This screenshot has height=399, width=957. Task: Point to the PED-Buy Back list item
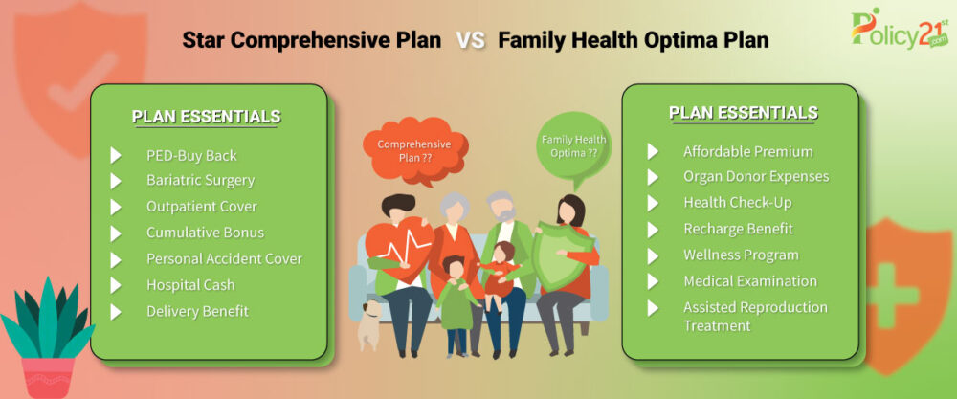[191, 156]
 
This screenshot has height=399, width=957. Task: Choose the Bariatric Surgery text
[200, 181]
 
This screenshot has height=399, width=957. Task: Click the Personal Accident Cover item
[224, 258]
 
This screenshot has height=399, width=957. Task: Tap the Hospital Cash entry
[190, 285]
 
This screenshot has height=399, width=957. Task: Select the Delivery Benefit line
[197, 311]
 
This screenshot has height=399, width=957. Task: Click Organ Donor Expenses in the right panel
[756, 176]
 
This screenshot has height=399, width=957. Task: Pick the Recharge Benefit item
[738, 229]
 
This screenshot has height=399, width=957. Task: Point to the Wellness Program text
[741, 255]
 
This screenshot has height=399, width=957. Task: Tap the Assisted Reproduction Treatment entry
[756, 316]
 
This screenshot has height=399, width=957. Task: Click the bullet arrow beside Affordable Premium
[653, 152]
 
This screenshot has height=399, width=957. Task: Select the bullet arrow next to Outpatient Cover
[116, 208]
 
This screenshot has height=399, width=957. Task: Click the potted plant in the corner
[48, 338]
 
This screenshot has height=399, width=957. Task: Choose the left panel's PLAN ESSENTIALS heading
[207, 117]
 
